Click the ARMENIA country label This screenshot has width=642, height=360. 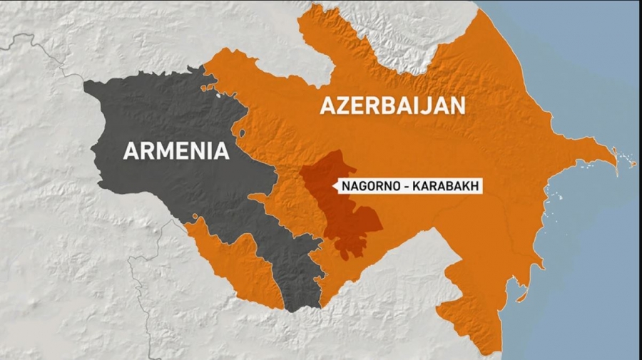(x=176, y=150)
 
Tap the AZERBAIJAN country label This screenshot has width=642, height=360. (x=392, y=106)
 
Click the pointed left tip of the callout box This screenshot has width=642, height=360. (x=334, y=187)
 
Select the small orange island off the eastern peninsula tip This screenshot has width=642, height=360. (x=631, y=164)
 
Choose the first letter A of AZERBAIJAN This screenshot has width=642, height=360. (x=327, y=106)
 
